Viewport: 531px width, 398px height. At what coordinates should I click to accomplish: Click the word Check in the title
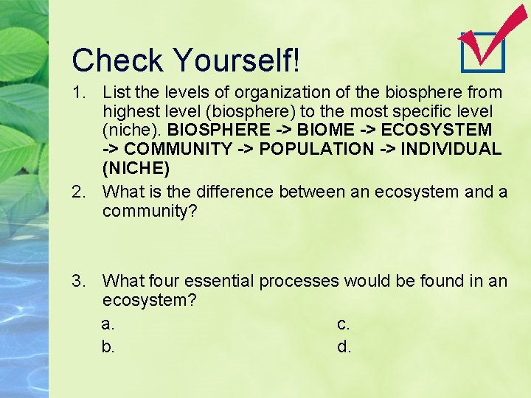tap(119, 60)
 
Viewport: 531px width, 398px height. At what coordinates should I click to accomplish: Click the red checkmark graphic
tap(490, 35)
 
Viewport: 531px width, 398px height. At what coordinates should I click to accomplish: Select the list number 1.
tap(77, 93)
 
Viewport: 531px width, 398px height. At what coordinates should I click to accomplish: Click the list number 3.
tap(77, 282)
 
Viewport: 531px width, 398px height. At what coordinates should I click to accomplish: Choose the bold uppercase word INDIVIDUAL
tap(448, 149)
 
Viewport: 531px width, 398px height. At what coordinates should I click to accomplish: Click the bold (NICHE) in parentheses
tap(136, 168)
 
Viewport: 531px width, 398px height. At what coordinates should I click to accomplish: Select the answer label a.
tap(108, 324)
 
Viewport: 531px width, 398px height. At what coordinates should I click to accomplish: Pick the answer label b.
tap(108, 346)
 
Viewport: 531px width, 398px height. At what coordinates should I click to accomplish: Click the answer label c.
tap(344, 324)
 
